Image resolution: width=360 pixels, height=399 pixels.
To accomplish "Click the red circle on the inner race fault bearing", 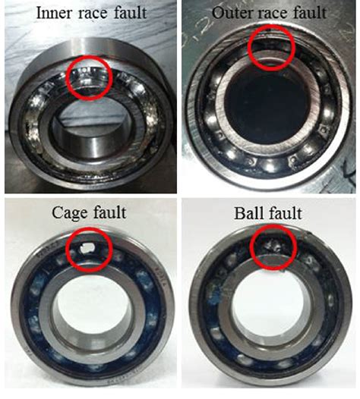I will click(x=90, y=78).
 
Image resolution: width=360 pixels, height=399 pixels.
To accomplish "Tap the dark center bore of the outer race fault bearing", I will click(x=267, y=106).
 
